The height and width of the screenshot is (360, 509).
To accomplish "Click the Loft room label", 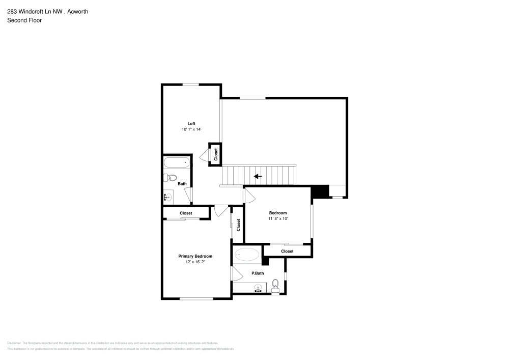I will point(191,123).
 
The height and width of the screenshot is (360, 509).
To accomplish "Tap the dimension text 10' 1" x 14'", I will point(191,130).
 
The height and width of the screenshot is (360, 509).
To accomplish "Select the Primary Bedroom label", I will point(195,256).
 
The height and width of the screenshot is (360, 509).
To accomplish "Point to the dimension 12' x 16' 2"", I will point(195,262).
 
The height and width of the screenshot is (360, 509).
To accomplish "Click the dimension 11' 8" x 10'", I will point(278,219).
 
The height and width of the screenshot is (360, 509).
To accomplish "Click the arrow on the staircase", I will point(258,176).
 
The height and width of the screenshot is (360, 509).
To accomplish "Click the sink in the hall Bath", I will point(168,196).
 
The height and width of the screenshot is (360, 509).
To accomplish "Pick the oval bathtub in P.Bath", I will point(247,254).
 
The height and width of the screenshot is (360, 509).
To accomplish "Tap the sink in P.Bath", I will point(259,289).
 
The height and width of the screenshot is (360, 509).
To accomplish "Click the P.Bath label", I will point(258,273).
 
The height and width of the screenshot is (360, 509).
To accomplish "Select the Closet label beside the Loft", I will point(216,154).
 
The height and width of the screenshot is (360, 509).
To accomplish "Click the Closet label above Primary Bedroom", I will point(186,213).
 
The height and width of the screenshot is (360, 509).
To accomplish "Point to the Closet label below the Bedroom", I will point(287,251).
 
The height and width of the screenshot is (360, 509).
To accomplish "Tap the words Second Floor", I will point(24,20).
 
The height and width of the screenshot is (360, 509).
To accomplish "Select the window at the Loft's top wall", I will point(191,85).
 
